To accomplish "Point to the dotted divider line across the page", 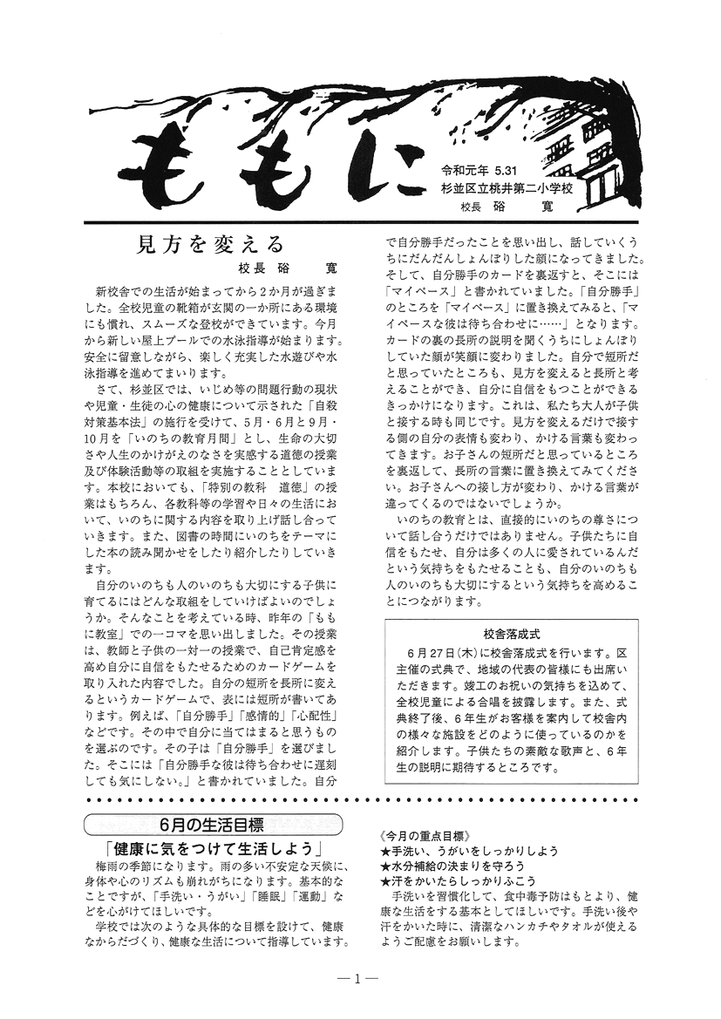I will click(360, 799).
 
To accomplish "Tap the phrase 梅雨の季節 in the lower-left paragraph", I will click(131, 866).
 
